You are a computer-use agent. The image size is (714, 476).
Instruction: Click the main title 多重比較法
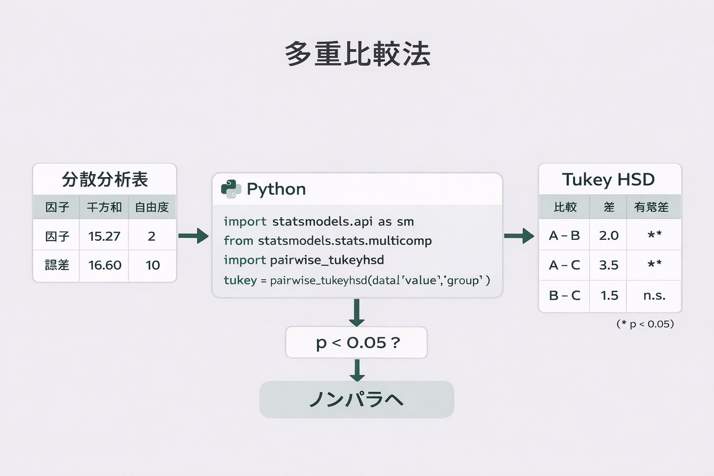coord(357,54)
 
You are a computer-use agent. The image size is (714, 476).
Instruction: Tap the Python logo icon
coord(231,189)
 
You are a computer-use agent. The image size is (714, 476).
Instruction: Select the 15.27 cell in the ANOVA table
coord(104,236)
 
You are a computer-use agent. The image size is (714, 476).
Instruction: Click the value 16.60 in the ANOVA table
coord(105,265)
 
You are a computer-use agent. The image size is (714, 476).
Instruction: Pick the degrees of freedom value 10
coord(152,265)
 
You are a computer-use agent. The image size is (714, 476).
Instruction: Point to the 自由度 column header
coord(152,207)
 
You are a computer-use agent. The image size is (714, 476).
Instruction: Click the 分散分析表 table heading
coord(105,179)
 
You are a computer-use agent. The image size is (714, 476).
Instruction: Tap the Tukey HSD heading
coord(608,179)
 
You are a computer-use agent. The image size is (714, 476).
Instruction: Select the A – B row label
coord(564,236)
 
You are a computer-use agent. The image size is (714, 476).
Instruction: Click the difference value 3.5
coord(608,265)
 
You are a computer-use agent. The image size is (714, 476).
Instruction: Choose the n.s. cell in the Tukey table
coord(654,295)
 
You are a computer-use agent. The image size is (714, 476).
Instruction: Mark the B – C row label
coord(564,295)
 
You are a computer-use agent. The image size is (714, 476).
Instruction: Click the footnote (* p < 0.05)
coord(645,324)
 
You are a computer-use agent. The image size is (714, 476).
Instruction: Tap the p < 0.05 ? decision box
coord(357,343)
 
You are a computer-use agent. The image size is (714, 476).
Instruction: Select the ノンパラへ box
coord(357,399)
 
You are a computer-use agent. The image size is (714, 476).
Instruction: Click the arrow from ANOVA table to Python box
coord(193,236)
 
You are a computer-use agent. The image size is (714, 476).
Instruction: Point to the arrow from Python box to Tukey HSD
coord(519,236)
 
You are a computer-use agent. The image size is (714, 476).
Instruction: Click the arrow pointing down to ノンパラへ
coord(357,370)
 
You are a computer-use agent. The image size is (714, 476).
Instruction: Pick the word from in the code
coord(238,241)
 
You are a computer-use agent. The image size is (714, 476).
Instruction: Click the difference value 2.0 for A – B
coord(608,236)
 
